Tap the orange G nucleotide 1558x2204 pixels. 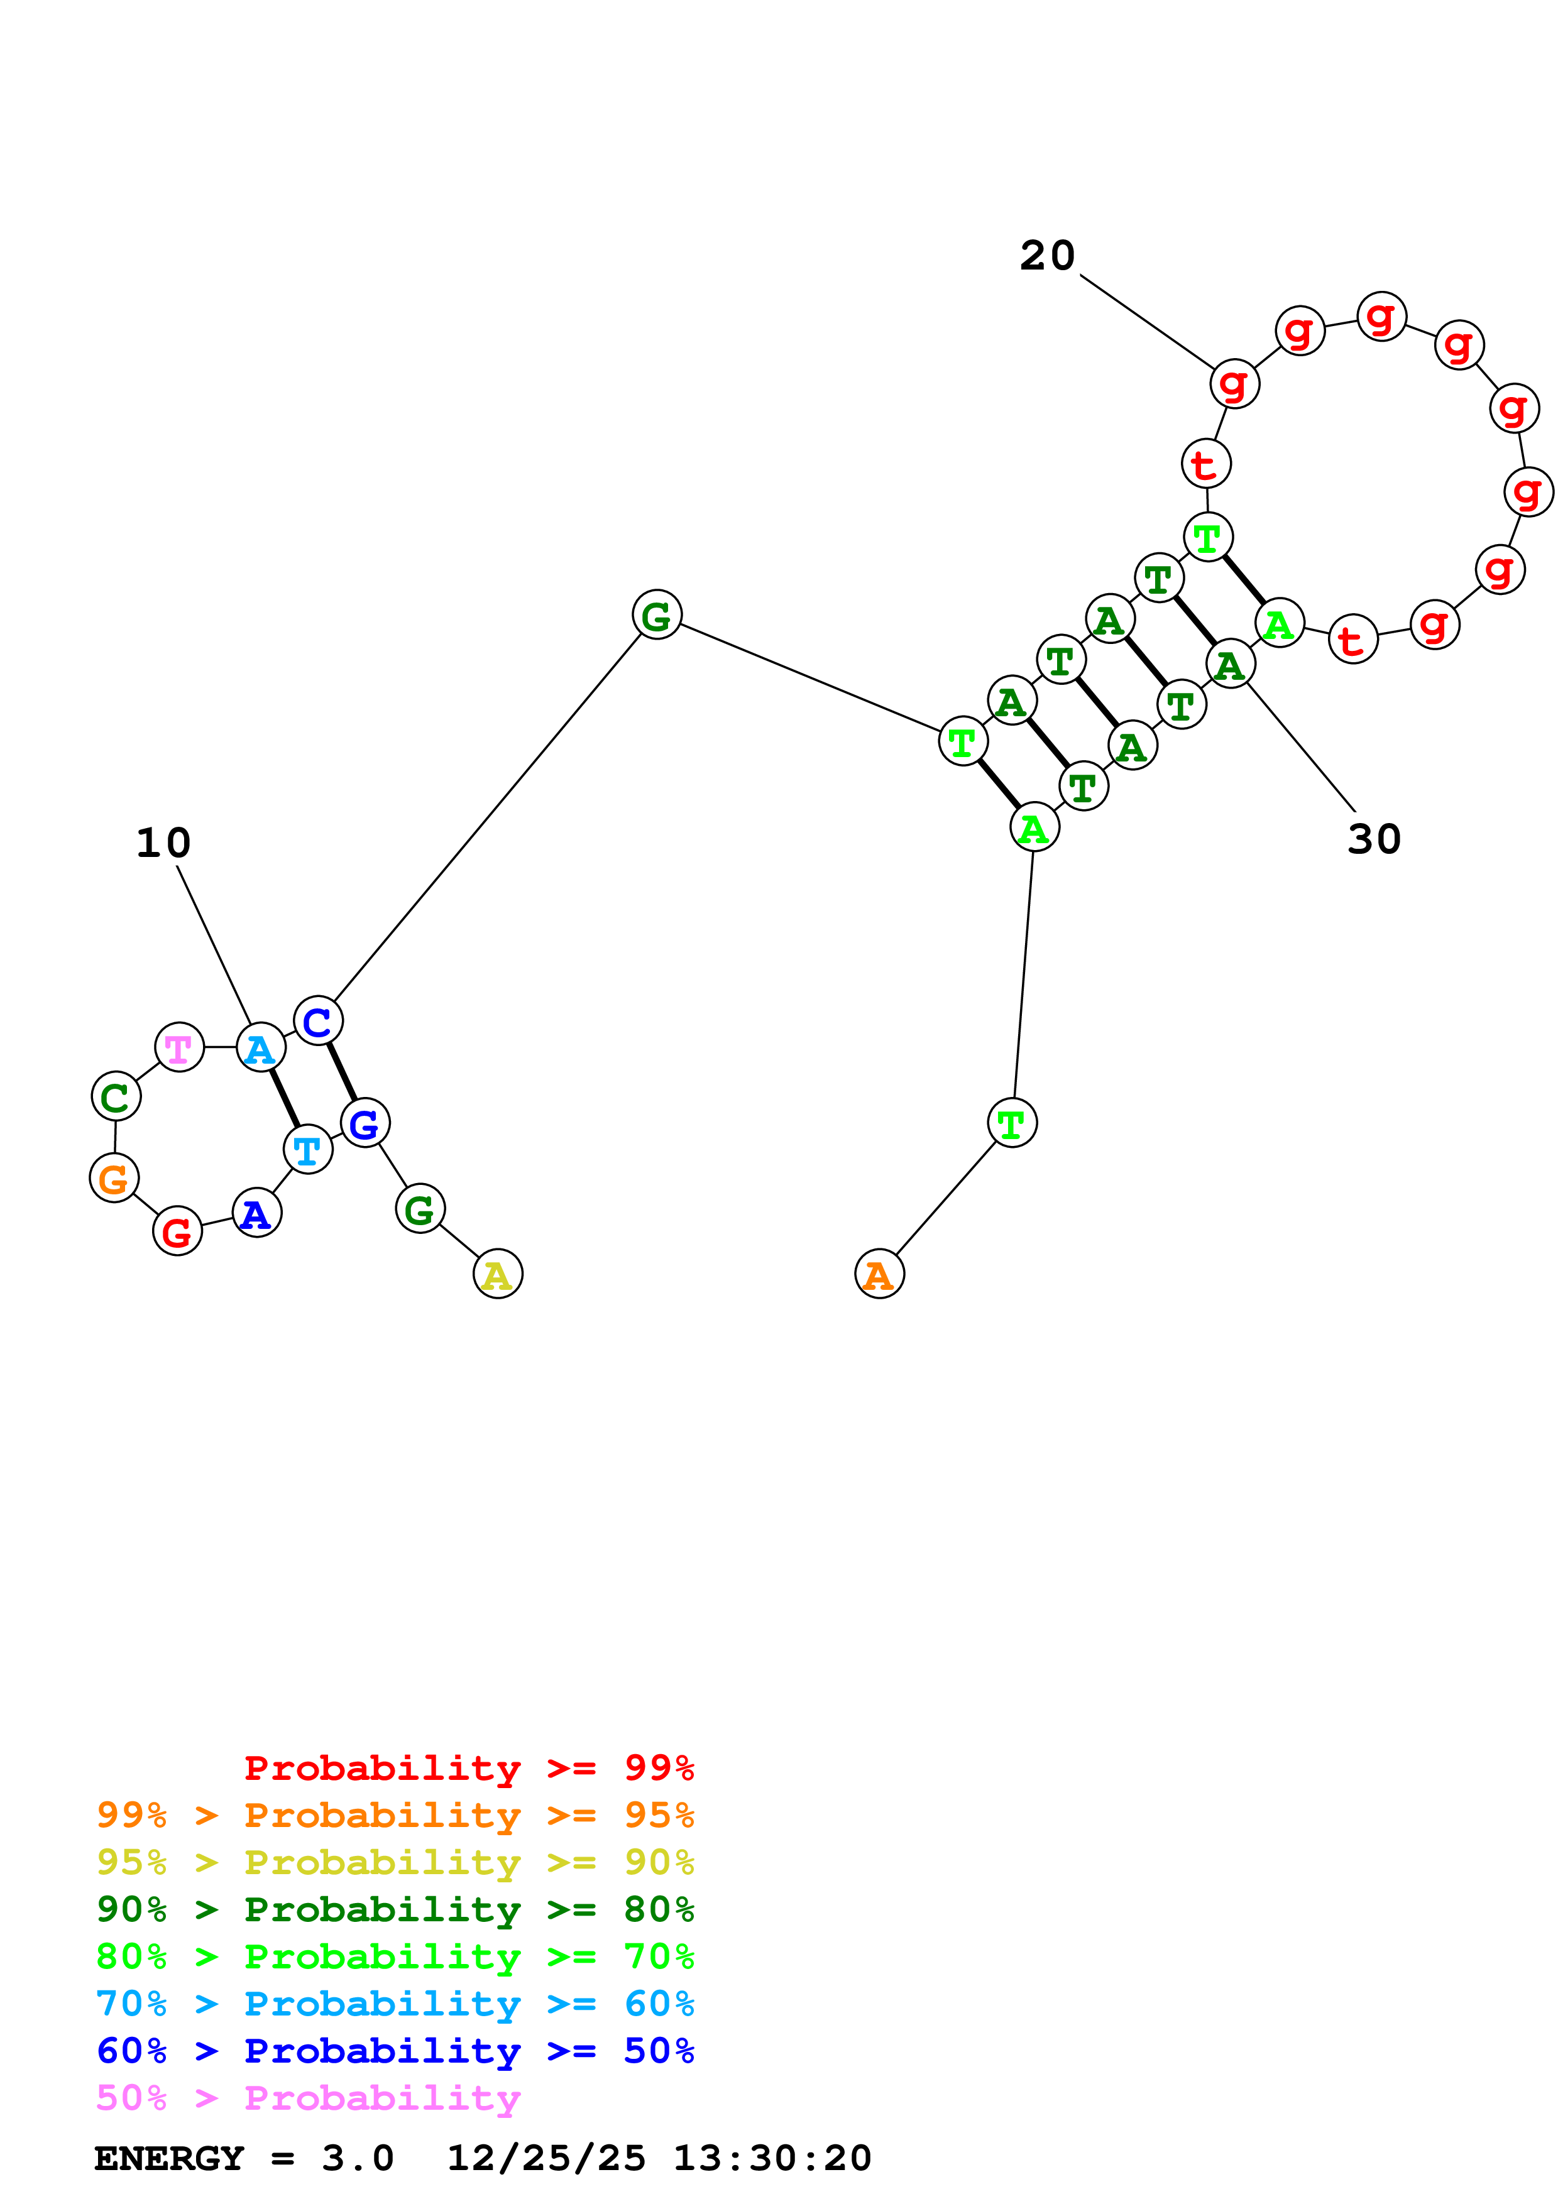(x=114, y=1178)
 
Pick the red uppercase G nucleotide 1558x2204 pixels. (x=178, y=1231)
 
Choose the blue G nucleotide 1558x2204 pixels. (x=365, y=1123)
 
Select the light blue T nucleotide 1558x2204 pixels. (x=308, y=1149)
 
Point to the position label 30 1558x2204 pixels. (x=1374, y=839)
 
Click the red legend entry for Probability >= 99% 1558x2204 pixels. (x=468, y=1767)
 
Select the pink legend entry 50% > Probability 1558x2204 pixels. (x=308, y=2097)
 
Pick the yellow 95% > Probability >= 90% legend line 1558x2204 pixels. (x=395, y=1862)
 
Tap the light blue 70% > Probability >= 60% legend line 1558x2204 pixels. (x=395, y=2004)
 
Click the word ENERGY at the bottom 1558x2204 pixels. (x=169, y=2158)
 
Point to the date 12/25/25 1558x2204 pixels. (x=546, y=2158)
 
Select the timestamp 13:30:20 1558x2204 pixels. (x=772, y=2158)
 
